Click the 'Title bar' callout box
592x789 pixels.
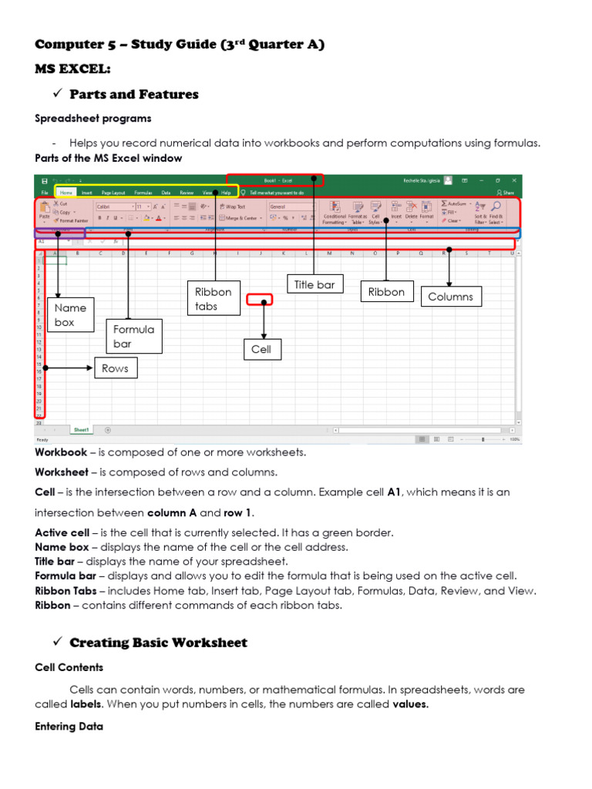[x=314, y=285]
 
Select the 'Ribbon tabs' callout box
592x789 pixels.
[x=213, y=299]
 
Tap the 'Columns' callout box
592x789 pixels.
[x=450, y=297]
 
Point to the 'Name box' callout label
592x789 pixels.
[x=71, y=315]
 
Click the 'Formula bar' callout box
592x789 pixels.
[x=134, y=336]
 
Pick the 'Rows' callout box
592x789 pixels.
[x=115, y=368]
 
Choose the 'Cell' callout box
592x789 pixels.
[x=261, y=350]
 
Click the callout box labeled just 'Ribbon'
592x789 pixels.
[x=386, y=292]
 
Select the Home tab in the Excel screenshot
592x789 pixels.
[x=66, y=193]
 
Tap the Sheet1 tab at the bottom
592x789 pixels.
[x=81, y=430]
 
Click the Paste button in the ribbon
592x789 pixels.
[x=44, y=213]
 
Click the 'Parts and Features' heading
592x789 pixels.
[x=133, y=95]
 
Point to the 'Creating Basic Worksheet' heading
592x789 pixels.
[x=158, y=643]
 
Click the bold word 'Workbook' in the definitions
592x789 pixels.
[x=61, y=452]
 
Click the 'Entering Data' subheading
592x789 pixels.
[x=66, y=727]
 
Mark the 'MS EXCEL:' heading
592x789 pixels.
[x=73, y=70]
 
